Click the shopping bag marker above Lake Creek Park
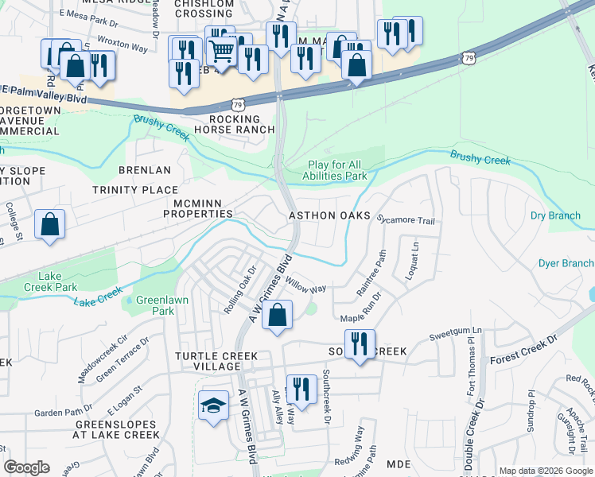click(x=49, y=224)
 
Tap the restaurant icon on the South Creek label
click(x=360, y=344)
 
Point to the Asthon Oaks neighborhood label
click(x=329, y=215)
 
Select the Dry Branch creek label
click(x=555, y=215)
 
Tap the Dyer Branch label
click(x=566, y=263)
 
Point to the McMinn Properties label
click(x=197, y=208)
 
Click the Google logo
click(x=26, y=467)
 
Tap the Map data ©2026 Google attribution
click(x=545, y=471)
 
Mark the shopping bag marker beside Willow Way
click(x=276, y=316)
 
